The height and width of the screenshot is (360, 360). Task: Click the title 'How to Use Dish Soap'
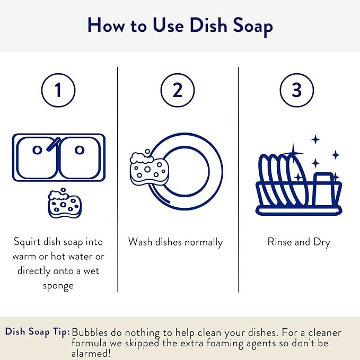tap(180, 25)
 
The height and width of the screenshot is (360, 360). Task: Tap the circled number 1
tap(58, 90)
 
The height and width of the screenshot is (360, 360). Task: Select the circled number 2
tap(178, 90)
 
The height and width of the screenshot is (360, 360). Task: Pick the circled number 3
tap(297, 90)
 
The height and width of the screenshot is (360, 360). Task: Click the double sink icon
tap(58, 156)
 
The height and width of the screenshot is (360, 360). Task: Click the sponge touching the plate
tap(149, 169)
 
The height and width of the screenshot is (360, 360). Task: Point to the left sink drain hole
tap(37, 150)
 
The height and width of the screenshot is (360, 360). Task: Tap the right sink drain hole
tap(80, 150)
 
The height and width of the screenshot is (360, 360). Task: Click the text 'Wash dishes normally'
tap(175, 242)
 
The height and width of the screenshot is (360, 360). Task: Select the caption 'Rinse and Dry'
tap(298, 242)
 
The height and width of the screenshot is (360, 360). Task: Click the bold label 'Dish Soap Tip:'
tap(37, 332)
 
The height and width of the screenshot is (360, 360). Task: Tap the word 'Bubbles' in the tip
tap(90, 332)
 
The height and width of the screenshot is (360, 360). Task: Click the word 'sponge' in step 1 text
tap(58, 285)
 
